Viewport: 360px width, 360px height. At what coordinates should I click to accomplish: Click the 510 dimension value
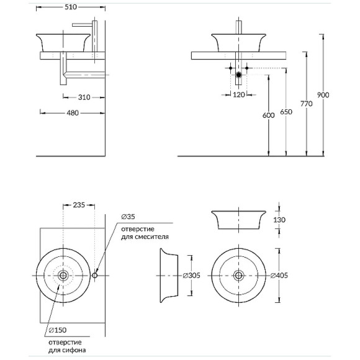tap(71, 7)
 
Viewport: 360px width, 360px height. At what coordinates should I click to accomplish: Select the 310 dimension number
tap(84, 97)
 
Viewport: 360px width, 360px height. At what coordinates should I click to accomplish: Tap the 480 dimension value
tap(73, 113)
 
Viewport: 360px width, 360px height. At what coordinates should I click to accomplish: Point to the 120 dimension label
tap(239, 94)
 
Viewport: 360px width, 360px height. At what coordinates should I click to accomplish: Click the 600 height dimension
tap(268, 115)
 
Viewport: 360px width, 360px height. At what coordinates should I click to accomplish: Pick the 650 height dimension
tap(286, 112)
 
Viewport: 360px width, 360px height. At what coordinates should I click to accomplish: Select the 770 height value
tap(307, 104)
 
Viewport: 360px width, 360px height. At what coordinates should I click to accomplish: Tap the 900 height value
tap(323, 95)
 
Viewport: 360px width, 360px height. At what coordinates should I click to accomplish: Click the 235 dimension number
tap(79, 205)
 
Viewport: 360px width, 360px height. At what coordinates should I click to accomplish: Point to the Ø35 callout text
tap(128, 217)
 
